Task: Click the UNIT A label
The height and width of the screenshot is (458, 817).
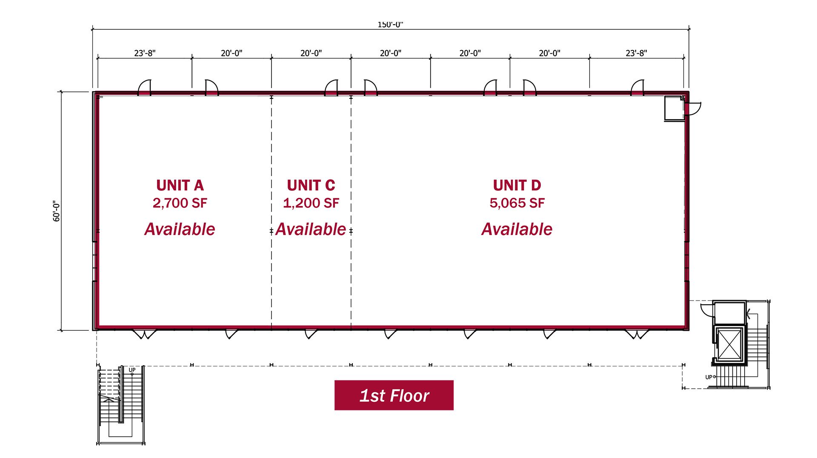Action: click(180, 186)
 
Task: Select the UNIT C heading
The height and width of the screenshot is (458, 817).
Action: click(311, 186)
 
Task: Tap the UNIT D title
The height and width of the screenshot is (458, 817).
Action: click(517, 186)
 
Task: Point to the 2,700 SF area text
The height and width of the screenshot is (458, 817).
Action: click(180, 203)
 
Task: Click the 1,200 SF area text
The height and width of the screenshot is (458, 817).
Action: click(311, 203)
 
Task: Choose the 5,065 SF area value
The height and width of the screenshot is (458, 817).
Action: click(517, 203)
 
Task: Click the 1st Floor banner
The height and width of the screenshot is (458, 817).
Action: click(394, 395)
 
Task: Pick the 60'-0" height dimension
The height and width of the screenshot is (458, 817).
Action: click(57, 211)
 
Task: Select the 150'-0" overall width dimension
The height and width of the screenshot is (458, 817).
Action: click(390, 25)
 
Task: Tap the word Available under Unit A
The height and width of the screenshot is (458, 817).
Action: click(180, 229)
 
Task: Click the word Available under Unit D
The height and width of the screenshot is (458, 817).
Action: click(517, 229)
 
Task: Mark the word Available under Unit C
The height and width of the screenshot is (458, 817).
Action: click(311, 229)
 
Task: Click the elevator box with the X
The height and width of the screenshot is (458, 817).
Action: click(729, 344)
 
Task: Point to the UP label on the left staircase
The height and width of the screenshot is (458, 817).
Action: click(132, 370)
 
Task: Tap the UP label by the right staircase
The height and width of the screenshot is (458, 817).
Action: click(708, 377)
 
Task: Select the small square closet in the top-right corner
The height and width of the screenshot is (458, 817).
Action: click(674, 109)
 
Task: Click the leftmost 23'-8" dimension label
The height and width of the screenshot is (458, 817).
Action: click(145, 53)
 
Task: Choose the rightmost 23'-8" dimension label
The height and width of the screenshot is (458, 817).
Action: click(636, 53)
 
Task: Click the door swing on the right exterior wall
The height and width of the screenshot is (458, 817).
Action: click(694, 109)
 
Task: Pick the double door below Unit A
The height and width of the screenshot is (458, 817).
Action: click(145, 334)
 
